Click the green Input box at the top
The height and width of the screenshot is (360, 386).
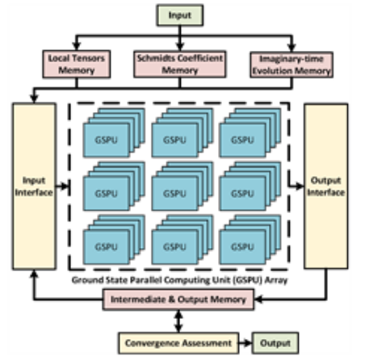tap(180, 15)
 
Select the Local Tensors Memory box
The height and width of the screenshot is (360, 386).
tap(77, 65)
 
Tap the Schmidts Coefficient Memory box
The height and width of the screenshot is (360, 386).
tap(180, 65)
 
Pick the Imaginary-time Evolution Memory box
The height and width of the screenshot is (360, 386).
tap(292, 65)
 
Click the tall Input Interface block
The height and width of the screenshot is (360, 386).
tap(34, 186)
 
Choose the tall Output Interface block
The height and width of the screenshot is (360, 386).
tap(326, 186)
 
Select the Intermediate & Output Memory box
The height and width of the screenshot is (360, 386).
tap(178, 299)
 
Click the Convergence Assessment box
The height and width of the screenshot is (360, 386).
tap(178, 343)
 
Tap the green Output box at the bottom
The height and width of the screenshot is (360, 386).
tap(275, 343)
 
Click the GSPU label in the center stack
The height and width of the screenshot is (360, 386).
tap(174, 194)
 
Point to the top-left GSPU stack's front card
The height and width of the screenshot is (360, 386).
tap(106, 140)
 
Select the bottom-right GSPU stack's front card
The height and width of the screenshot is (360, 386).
tap(242, 247)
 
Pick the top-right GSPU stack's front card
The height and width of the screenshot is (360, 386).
tap(242, 140)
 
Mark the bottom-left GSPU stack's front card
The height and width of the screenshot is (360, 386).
tap(106, 247)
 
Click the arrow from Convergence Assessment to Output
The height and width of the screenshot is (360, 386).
tap(245, 343)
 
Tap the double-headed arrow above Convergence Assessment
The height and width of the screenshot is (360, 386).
tap(178, 321)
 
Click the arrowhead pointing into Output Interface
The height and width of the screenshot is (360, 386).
tap(300, 186)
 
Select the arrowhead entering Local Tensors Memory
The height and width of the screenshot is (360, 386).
tap(77, 46)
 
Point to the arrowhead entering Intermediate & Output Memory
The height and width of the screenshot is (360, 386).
tap(258, 299)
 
